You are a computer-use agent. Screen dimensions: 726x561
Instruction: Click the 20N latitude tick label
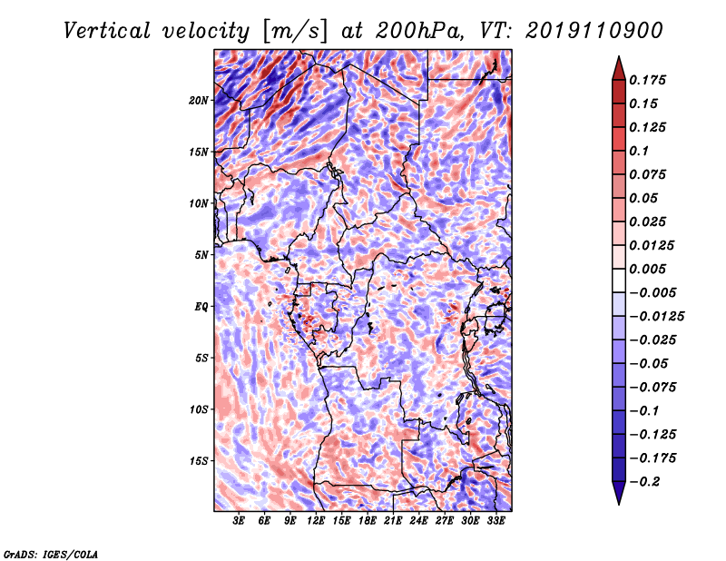(x=199, y=101)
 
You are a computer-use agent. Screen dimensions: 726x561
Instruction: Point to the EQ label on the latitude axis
(x=201, y=306)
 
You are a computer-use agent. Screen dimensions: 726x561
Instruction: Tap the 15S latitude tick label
(x=199, y=461)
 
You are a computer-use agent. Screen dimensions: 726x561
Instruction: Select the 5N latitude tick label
(x=201, y=255)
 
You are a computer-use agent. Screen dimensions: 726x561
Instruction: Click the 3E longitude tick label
(x=239, y=521)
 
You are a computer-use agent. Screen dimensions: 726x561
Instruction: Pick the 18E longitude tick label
(x=368, y=521)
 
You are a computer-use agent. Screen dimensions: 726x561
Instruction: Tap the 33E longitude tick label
(x=495, y=521)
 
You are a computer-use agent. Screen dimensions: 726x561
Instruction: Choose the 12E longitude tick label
(x=316, y=521)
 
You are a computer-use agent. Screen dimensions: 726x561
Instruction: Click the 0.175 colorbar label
(x=647, y=80)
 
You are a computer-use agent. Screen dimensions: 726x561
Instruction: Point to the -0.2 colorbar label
(x=644, y=482)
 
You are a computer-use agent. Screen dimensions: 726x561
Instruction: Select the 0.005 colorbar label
(x=647, y=269)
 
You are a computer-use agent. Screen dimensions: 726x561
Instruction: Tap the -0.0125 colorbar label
(x=656, y=317)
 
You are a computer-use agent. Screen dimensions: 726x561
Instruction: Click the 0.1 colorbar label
(x=639, y=151)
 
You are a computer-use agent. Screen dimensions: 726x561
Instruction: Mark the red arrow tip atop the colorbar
(x=619, y=56)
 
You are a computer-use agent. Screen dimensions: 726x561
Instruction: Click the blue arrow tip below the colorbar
(x=619, y=504)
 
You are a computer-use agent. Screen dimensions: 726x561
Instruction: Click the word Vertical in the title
(x=107, y=31)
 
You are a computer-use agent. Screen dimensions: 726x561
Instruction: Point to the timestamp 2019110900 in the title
(x=594, y=31)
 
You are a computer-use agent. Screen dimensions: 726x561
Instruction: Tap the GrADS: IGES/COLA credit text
(x=51, y=554)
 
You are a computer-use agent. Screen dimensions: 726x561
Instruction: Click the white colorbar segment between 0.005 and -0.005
(x=619, y=280)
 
